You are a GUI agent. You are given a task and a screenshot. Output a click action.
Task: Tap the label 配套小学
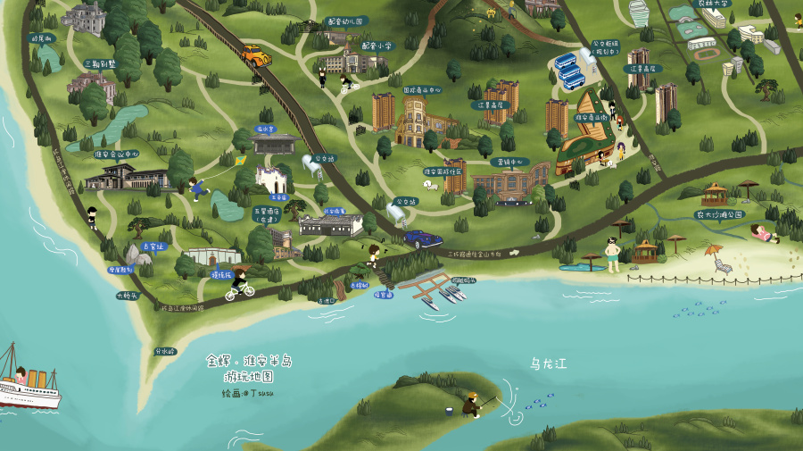click(x=376, y=45)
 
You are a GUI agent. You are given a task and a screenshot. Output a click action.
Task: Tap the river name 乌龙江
click(x=548, y=363)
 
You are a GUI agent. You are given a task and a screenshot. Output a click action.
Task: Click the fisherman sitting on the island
click(x=470, y=405)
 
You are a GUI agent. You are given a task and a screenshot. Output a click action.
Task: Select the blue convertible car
click(x=422, y=239)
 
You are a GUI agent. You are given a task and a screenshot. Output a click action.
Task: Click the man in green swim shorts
click(x=612, y=255)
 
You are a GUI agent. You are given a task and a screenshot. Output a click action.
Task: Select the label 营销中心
click(x=509, y=163)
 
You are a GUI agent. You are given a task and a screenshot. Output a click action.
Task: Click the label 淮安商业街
click(x=591, y=116)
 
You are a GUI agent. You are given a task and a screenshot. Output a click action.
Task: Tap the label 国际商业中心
click(x=422, y=90)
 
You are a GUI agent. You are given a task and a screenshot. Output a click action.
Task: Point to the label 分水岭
click(x=164, y=351)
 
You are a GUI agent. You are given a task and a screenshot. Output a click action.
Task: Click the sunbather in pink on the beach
click(x=765, y=233)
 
